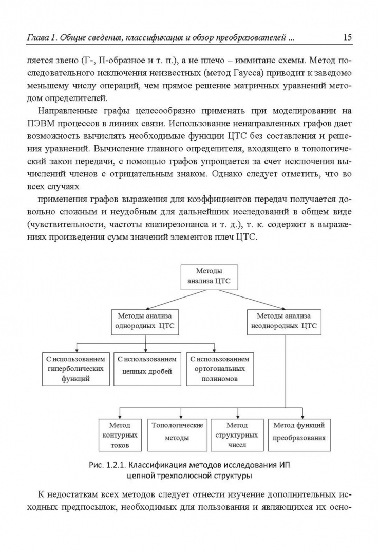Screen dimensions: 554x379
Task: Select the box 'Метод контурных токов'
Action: (x=120, y=435)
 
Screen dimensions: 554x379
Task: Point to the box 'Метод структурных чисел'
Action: (x=237, y=435)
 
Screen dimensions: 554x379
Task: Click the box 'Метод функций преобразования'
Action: (x=299, y=435)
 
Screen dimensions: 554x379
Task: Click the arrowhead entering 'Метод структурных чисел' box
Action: (x=238, y=416)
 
